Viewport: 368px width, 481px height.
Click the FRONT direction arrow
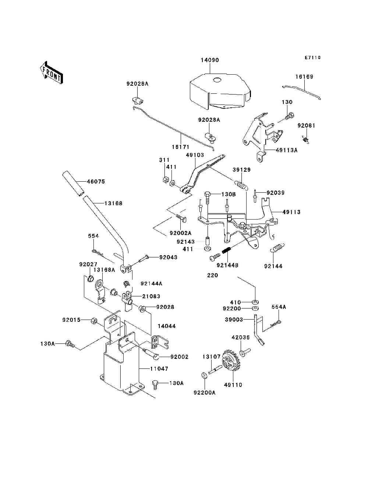pos(51,73)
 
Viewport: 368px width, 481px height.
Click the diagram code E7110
pos(312,57)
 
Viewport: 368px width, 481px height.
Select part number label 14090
pos(210,60)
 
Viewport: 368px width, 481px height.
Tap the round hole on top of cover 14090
pos(217,81)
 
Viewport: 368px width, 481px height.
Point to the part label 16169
pos(304,77)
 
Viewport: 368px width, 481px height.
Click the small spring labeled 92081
pos(306,139)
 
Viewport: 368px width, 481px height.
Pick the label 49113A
pos(286,150)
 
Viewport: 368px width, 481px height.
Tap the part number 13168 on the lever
pos(113,203)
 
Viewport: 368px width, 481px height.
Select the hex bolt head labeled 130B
pos(208,194)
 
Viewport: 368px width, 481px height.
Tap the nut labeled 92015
pos(93,321)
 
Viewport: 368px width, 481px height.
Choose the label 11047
pos(159,368)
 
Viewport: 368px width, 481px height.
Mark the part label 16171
pos(180,147)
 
